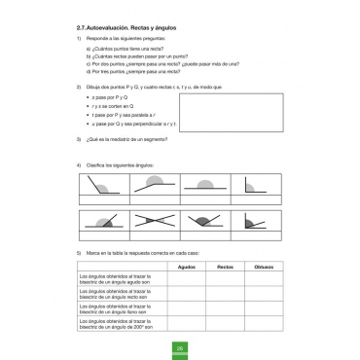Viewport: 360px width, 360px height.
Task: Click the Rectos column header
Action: coord(225,266)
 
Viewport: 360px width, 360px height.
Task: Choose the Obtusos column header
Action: coord(263,266)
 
